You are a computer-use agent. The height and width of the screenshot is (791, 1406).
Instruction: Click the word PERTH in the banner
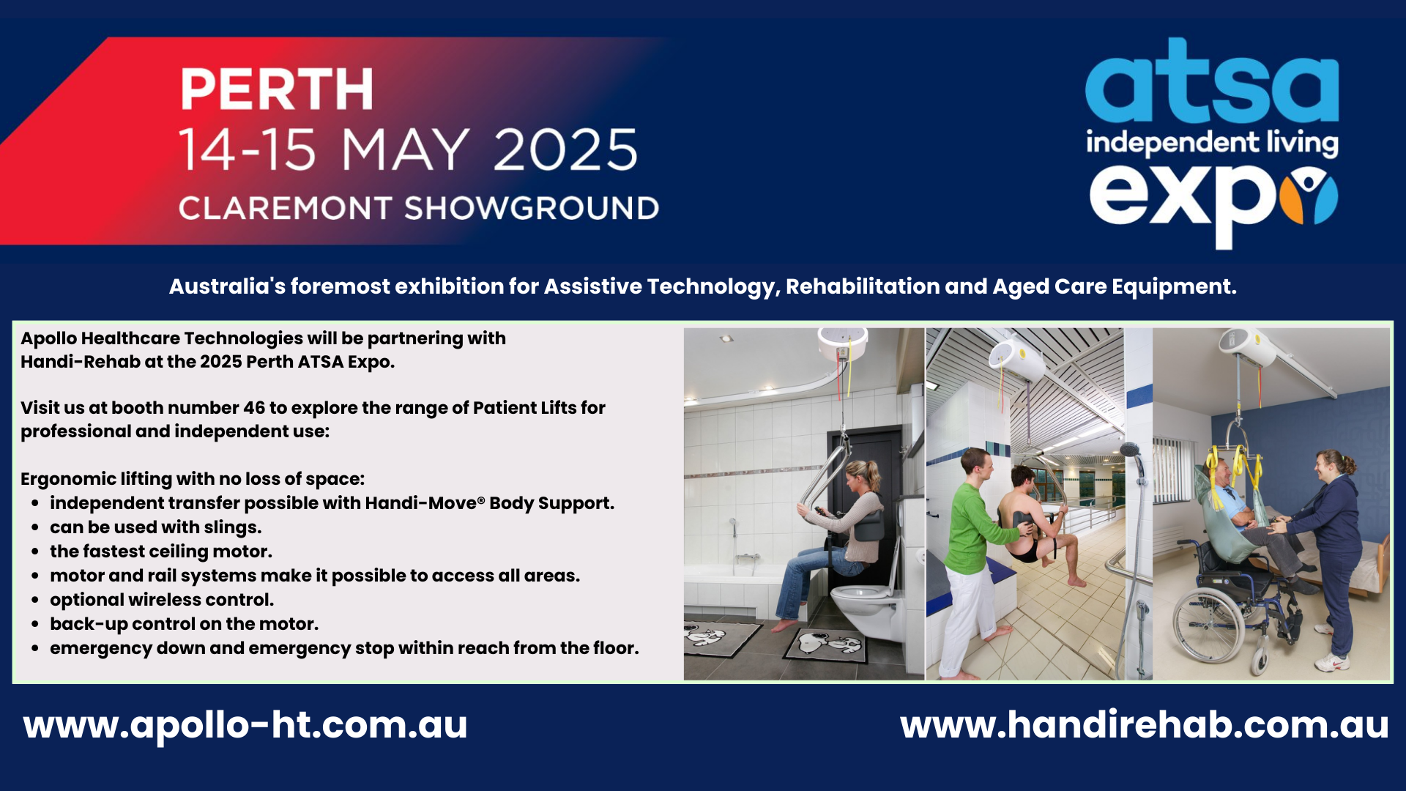tap(276, 89)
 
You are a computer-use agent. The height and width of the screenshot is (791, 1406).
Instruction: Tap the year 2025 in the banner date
tap(565, 150)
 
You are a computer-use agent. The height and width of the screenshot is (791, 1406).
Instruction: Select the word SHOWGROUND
tap(532, 209)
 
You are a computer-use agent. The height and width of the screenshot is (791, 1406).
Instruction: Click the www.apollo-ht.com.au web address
tap(245, 726)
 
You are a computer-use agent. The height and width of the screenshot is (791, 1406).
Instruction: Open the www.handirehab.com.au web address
tap(1145, 725)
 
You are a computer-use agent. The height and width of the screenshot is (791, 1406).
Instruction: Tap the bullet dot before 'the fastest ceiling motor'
tap(35, 552)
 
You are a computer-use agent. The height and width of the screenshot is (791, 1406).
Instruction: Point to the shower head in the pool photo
tap(1130, 449)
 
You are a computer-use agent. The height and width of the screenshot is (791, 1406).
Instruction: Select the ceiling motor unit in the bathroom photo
tap(842, 343)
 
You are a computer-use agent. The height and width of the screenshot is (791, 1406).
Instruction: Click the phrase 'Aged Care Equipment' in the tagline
tap(1114, 286)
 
